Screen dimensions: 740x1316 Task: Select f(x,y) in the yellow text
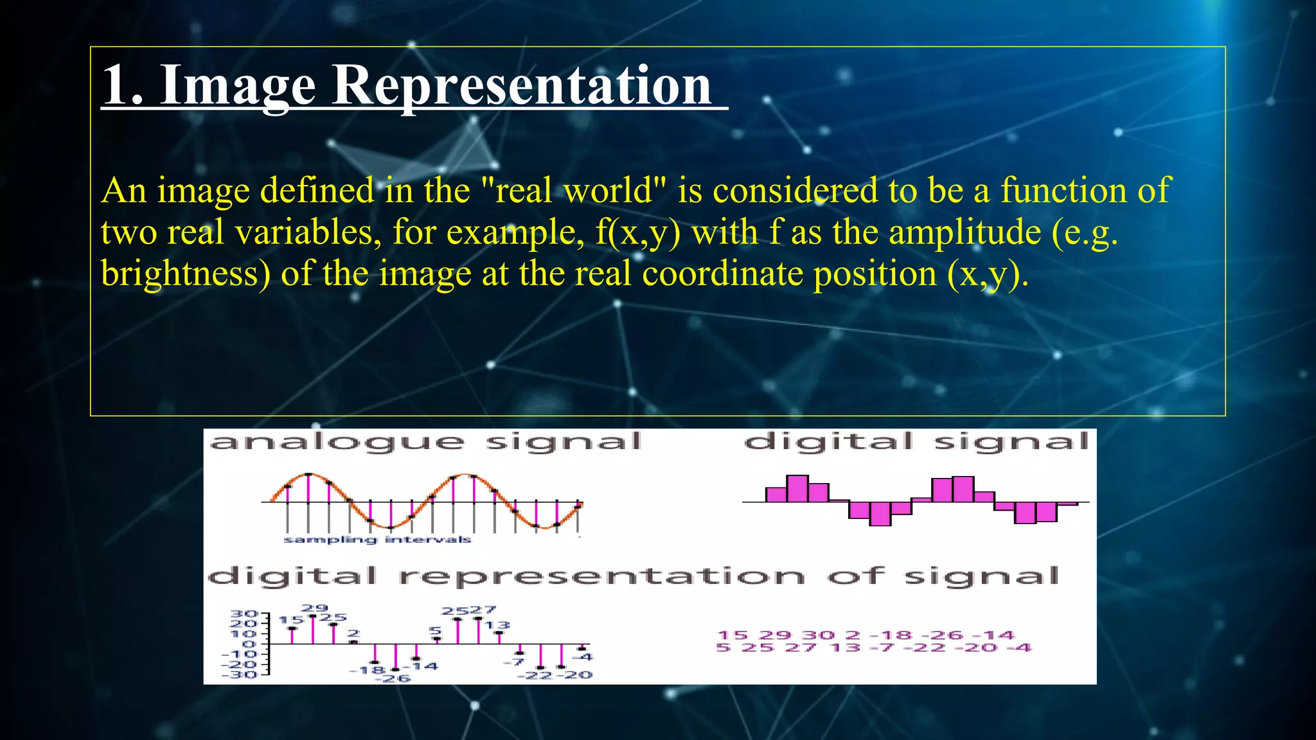(x=637, y=233)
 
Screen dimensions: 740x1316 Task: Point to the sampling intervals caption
(x=377, y=540)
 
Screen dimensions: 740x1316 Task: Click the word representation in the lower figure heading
(x=601, y=576)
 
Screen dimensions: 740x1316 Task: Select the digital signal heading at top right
(x=916, y=442)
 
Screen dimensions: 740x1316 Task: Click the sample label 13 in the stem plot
(x=497, y=625)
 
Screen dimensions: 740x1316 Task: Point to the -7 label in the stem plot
(x=515, y=662)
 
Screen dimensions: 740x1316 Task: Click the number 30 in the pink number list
(x=819, y=635)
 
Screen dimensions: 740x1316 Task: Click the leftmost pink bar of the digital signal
(x=776, y=494)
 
